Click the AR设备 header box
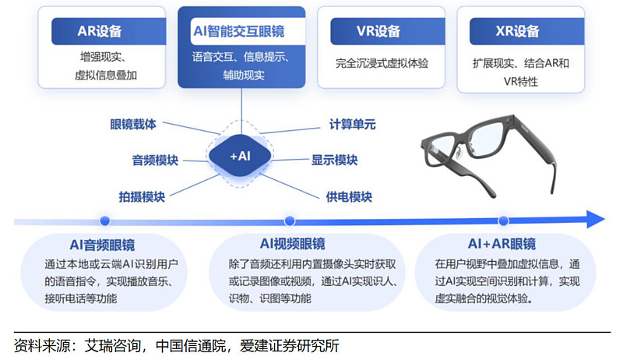click(x=100, y=32)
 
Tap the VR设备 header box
click(x=378, y=32)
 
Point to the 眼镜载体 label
click(x=133, y=124)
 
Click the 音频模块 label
click(x=155, y=161)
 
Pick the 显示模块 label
click(x=334, y=161)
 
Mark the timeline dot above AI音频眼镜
click(x=104, y=221)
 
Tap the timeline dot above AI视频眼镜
click(x=290, y=221)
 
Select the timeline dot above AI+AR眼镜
click(x=503, y=221)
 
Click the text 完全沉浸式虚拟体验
click(x=382, y=63)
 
